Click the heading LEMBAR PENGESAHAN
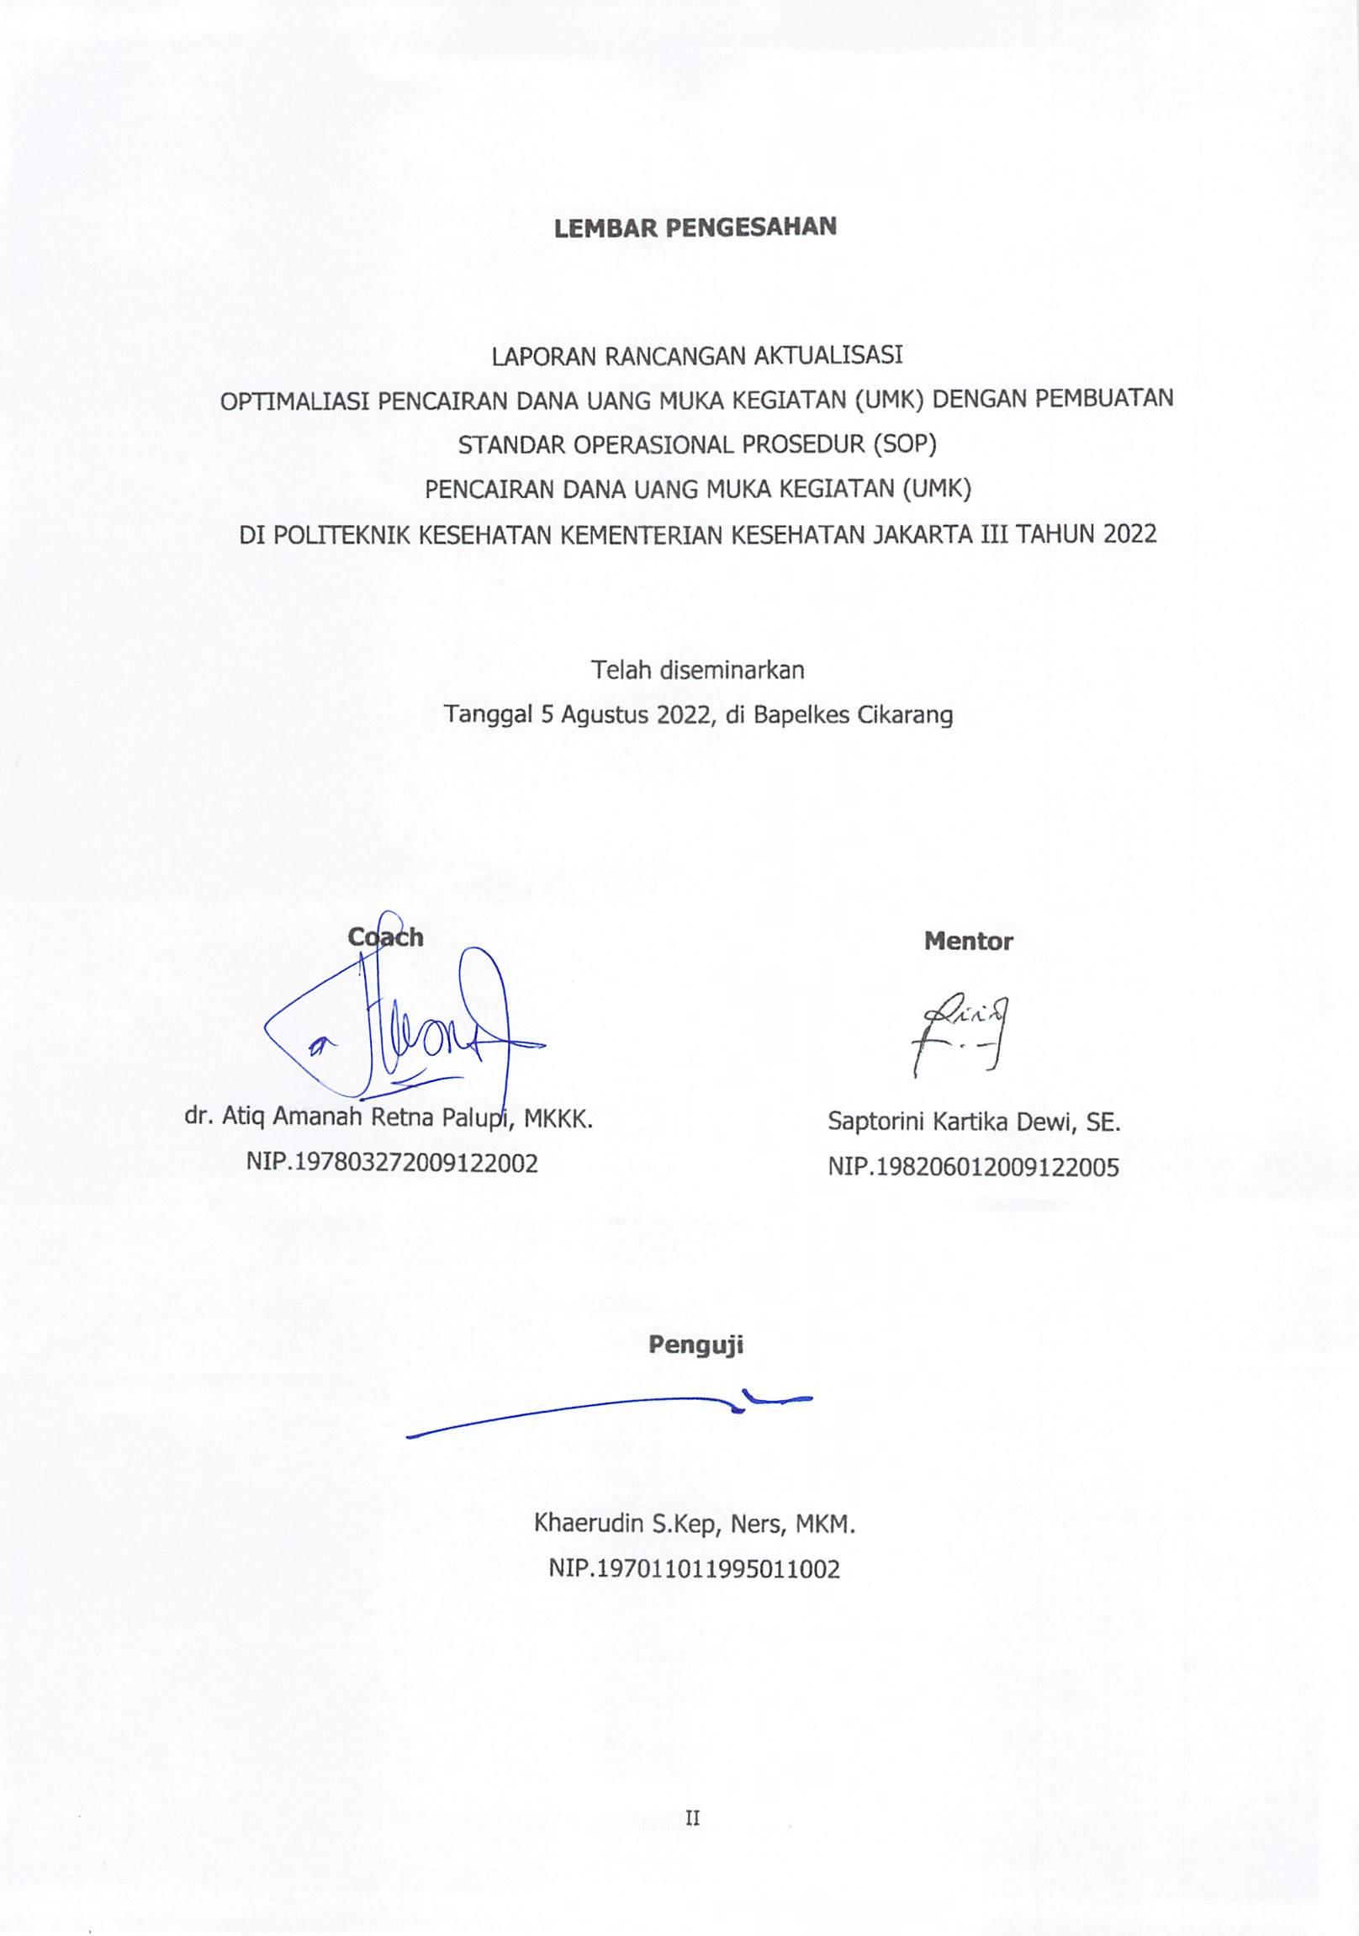tap(695, 228)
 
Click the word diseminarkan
tap(732, 670)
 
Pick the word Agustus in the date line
tap(606, 715)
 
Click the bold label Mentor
tap(968, 941)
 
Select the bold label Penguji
tap(695, 1345)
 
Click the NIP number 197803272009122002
tap(392, 1164)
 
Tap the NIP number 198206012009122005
tap(973, 1167)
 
